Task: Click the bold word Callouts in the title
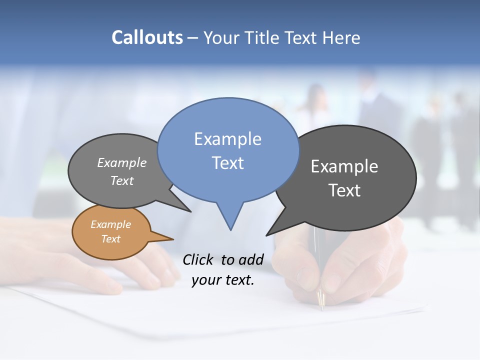click(147, 37)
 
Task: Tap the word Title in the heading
click(262, 37)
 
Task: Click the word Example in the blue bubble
click(227, 139)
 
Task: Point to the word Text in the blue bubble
click(227, 162)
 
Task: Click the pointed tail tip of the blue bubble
click(230, 229)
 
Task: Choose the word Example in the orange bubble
click(110, 224)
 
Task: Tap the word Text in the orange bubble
click(110, 239)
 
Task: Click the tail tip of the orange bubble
click(173, 239)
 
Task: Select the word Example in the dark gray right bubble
click(344, 166)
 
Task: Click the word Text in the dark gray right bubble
click(344, 190)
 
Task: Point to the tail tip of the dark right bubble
click(267, 235)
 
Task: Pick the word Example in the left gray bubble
click(122, 163)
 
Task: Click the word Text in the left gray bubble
click(122, 180)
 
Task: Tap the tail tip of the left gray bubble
click(190, 211)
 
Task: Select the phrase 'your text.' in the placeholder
click(223, 280)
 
